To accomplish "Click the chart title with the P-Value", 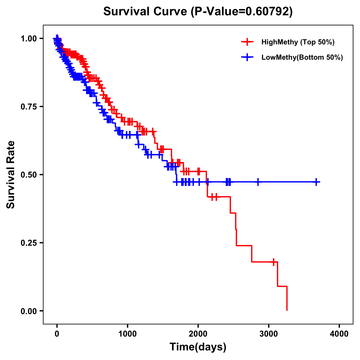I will (198, 11).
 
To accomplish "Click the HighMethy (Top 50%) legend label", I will (298, 42).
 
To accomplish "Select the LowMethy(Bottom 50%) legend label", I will (302, 57).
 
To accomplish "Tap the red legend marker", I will (247, 42).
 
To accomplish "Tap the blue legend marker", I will (247, 57).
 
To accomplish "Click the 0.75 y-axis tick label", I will (28, 106).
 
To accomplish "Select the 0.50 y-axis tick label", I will (28, 175).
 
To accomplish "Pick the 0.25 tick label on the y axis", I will (28, 243).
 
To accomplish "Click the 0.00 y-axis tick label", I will (28, 311).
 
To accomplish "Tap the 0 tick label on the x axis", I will (57, 334).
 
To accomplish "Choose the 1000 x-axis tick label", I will (127, 334).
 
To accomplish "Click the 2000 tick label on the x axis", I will (198, 334).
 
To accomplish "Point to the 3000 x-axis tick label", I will (269, 334).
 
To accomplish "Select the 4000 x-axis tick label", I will (339, 334).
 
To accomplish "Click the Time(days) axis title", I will (198, 347).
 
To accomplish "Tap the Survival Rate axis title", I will (11, 175).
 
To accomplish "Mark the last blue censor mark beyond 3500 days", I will (316, 182).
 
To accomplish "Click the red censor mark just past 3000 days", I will (274, 262).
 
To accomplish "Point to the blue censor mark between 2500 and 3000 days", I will (258, 182).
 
